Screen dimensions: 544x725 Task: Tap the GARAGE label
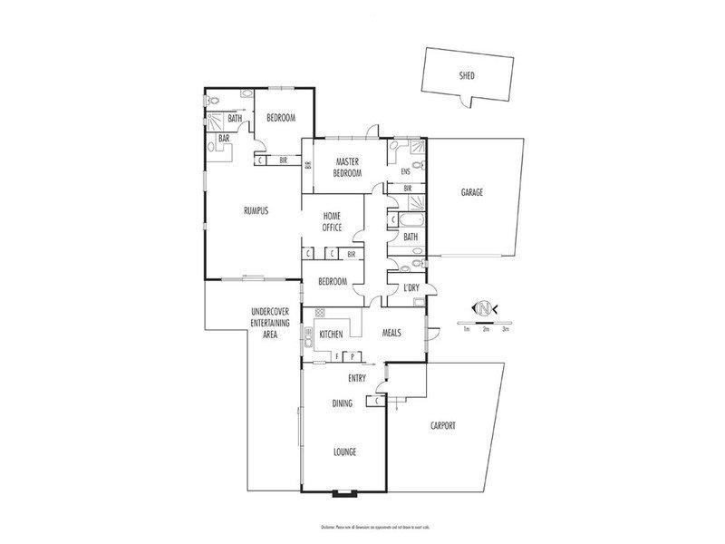471,193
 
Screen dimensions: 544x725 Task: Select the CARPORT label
442,425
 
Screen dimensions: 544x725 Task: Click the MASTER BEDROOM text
348,167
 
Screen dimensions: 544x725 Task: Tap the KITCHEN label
331,335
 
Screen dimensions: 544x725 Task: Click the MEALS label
392,332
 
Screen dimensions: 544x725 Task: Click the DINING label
342,403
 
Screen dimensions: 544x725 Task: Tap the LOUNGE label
343,452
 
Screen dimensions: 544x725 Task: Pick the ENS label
405,170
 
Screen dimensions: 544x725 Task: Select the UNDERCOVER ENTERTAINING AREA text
269,324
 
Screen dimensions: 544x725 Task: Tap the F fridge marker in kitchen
336,355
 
